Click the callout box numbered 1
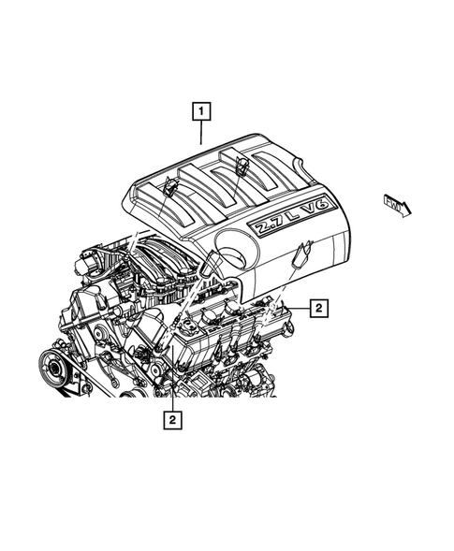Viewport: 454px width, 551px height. (x=200, y=111)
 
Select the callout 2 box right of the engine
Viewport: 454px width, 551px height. (x=319, y=306)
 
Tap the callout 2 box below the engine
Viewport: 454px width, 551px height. (x=172, y=421)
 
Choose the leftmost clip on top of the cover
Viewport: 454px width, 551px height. (x=168, y=186)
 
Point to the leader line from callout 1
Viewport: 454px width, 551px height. (x=200, y=132)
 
